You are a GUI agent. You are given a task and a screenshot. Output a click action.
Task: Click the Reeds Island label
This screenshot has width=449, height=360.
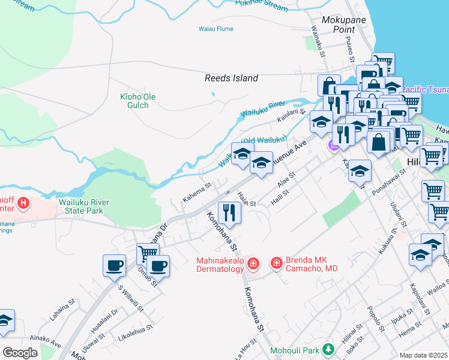(231, 78)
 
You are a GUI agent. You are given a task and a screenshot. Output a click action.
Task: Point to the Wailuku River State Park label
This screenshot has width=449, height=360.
(84, 206)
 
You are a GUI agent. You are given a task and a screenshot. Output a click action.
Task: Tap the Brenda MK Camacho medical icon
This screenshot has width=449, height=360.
(277, 263)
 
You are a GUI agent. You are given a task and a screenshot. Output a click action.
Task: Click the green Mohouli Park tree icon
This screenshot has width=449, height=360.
(328, 349)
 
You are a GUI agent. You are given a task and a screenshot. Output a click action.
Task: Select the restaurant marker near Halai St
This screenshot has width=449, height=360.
(229, 211)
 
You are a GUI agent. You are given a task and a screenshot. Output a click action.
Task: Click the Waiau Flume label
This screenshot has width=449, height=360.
(215, 28)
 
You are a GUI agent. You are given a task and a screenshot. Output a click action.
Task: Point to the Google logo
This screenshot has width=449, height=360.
(20, 353)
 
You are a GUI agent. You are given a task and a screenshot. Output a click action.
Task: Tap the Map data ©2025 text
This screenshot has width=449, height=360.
(424, 355)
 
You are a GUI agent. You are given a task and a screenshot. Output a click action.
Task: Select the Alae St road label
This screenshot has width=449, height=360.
(286, 179)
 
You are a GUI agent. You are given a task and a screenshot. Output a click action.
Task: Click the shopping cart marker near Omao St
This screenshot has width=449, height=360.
(147, 253)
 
